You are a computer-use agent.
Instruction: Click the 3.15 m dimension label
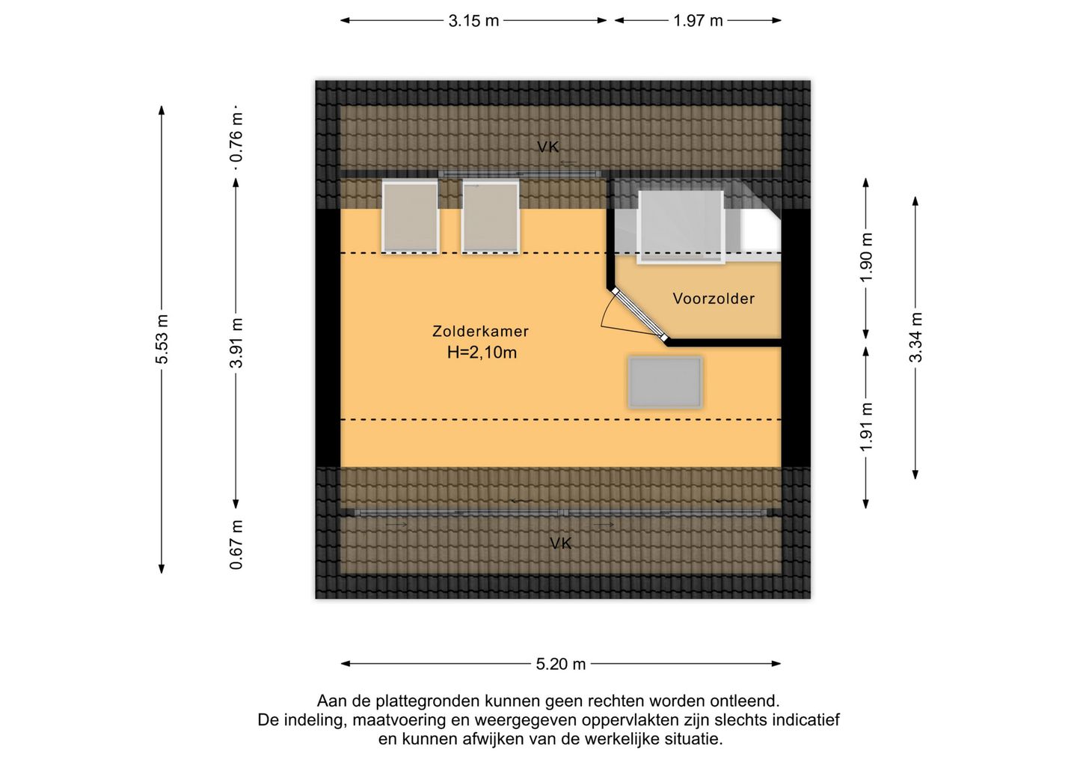[473, 21]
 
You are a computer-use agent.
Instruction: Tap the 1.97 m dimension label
[698, 21]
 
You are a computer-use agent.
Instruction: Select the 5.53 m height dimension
[162, 338]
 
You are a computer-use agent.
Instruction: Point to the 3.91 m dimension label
[236, 343]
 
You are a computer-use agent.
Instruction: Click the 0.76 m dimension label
[236, 137]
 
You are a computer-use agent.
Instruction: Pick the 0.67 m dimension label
[236, 545]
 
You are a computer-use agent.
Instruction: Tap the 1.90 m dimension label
[866, 257]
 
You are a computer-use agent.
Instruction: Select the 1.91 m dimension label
[866, 427]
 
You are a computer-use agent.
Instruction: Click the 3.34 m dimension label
[915, 338]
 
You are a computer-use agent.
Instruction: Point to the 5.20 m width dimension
[561, 665]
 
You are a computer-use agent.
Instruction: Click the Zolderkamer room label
[480, 332]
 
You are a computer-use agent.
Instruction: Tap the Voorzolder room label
[714, 299]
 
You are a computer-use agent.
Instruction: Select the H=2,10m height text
[482, 353]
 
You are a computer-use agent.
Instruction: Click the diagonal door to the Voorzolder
[639, 316]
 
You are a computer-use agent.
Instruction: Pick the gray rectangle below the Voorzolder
[666, 382]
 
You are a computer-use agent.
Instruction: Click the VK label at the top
[548, 147]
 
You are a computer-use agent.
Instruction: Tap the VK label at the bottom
[561, 543]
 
